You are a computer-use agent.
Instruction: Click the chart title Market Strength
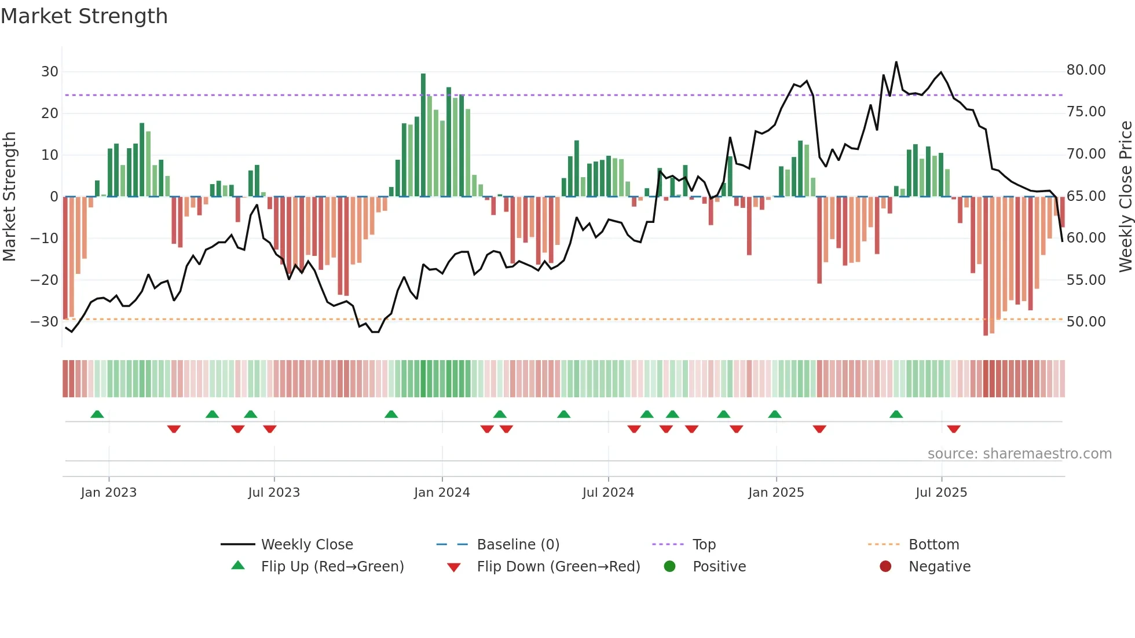[x=84, y=16]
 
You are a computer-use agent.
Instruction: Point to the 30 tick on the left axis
[x=50, y=72]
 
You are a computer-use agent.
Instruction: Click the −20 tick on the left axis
[x=44, y=280]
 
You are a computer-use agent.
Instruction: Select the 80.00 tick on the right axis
[x=1086, y=70]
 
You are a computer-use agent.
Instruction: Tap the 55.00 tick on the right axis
[x=1086, y=280]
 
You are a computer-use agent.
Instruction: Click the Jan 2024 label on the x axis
[x=442, y=493]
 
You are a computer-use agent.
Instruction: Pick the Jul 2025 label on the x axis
[x=941, y=493]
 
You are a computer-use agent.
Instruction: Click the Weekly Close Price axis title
[x=1125, y=197]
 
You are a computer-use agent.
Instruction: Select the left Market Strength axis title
[x=10, y=197]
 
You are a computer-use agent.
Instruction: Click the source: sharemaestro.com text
[x=1019, y=454]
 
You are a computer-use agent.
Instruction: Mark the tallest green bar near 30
[x=423, y=134]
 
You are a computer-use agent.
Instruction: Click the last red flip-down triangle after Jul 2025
[x=954, y=429]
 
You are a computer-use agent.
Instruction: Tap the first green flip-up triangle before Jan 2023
[x=97, y=414]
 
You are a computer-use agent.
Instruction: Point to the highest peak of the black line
[x=896, y=63]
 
